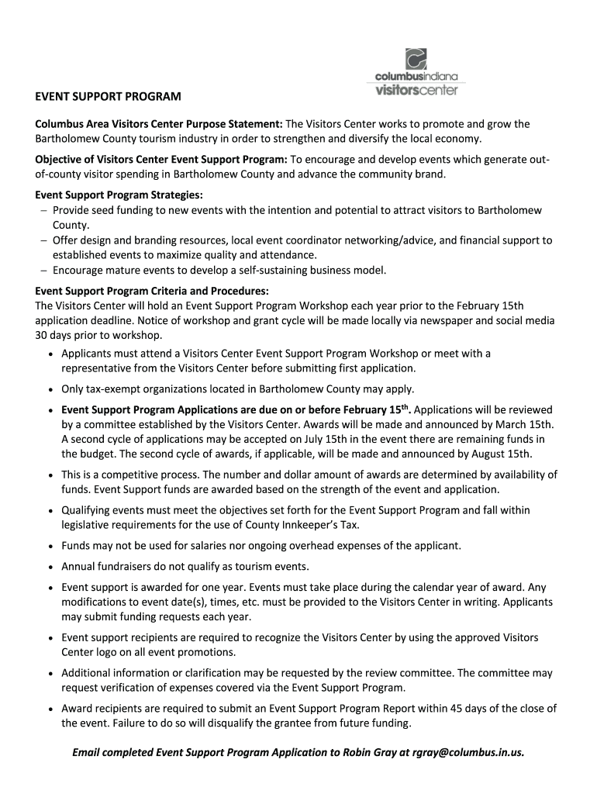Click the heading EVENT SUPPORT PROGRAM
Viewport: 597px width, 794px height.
click(108, 97)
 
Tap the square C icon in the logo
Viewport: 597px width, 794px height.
click(416, 59)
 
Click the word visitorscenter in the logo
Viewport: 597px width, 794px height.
click(416, 89)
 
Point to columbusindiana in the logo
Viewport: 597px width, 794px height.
click(416, 76)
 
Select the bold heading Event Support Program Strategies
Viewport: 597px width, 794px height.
click(119, 195)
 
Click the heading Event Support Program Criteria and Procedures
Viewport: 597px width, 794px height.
click(152, 291)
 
